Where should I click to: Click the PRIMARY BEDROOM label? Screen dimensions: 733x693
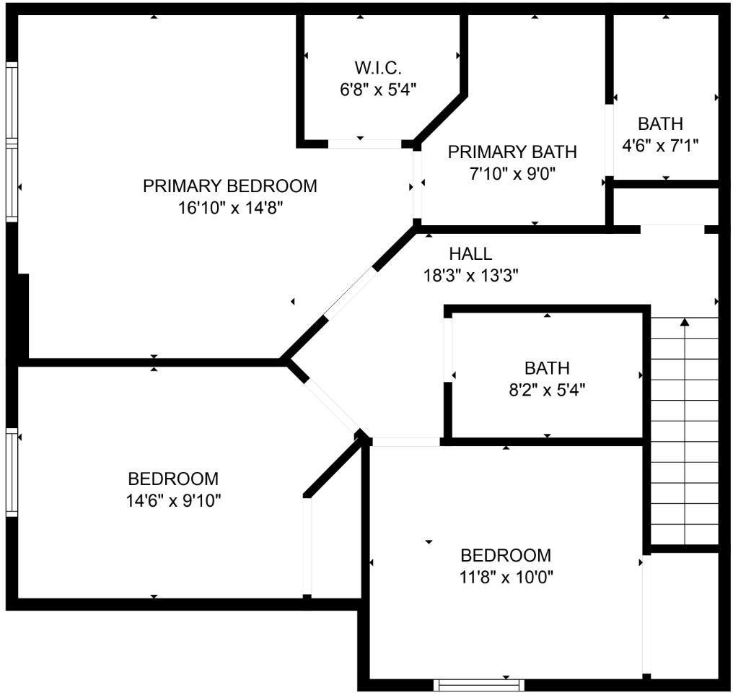(x=230, y=186)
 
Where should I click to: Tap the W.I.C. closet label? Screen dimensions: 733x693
(x=378, y=69)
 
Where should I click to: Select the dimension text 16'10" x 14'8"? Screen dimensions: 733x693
(x=231, y=208)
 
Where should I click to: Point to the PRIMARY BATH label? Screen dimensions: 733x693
(x=512, y=152)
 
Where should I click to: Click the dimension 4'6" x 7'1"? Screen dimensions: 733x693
(x=660, y=146)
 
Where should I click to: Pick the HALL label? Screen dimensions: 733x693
(x=470, y=254)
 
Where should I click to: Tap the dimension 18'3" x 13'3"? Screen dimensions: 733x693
(x=470, y=276)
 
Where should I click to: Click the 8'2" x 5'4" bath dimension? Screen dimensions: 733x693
(x=547, y=390)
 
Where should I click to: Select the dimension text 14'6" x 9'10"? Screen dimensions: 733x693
(x=173, y=501)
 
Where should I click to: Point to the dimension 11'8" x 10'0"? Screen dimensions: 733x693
(x=506, y=577)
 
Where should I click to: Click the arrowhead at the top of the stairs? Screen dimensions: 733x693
(x=685, y=322)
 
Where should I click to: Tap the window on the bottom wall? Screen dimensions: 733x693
(x=479, y=685)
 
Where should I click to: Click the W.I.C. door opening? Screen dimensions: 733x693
(x=364, y=144)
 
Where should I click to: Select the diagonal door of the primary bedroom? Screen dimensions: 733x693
(x=350, y=294)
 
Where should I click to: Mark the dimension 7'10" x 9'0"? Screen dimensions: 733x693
(x=512, y=174)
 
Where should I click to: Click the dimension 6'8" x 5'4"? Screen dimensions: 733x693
(x=378, y=89)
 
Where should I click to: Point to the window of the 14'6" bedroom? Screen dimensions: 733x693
(x=12, y=472)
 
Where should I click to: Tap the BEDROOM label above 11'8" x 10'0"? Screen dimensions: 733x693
(x=506, y=556)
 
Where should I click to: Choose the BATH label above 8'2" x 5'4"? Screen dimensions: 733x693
(x=547, y=368)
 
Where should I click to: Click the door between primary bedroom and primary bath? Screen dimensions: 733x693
(x=417, y=185)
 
